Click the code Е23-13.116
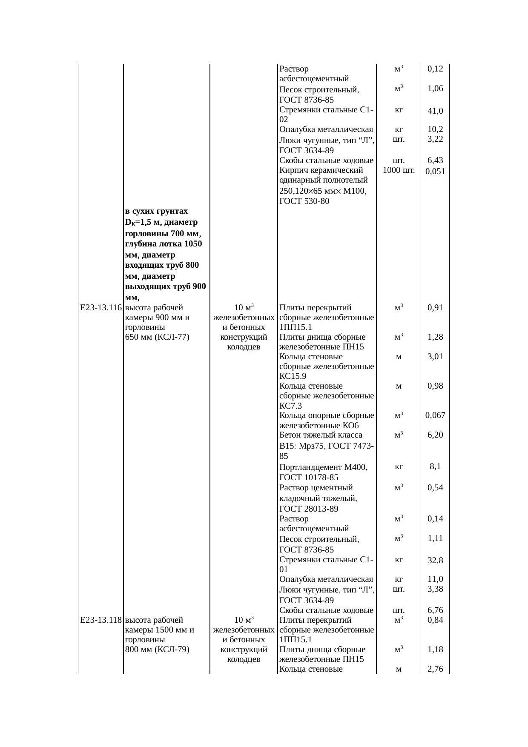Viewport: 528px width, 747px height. (x=101, y=307)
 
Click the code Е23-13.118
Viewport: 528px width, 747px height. (x=101, y=620)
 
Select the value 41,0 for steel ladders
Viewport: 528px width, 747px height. (x=436, y=111)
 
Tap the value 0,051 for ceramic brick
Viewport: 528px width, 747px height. (x=435, y=172)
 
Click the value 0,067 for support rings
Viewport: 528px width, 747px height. (x=435, y=415)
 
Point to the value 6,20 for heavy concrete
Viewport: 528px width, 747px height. (x=436, y=435)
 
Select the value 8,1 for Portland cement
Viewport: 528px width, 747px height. (x=435, y=467)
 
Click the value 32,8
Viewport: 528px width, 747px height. (x=436, y=561)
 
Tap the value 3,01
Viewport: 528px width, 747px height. (x=436, y=357)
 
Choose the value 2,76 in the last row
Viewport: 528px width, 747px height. (x=436, y=670)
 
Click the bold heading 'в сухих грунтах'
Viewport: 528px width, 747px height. (x=157, y=212)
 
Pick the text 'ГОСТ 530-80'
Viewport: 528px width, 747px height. (x=304, y=201)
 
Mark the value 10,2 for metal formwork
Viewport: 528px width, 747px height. (x=436, y=129)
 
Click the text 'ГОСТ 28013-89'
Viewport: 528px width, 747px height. (x=309, y=509)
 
